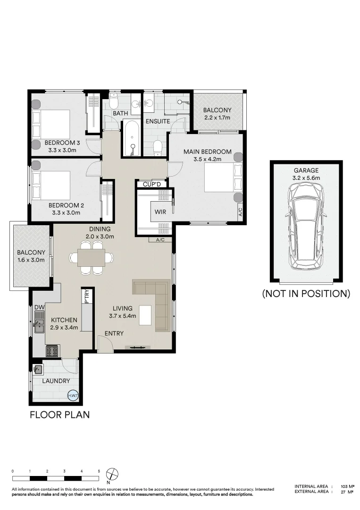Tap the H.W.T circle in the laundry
73,396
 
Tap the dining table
92,258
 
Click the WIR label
160,212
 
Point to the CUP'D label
152,184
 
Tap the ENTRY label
114,333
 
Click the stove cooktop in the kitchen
52,351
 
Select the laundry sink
38,369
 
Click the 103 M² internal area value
347,486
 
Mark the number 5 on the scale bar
99,471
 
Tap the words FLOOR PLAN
60,415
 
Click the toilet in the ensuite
158,147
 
